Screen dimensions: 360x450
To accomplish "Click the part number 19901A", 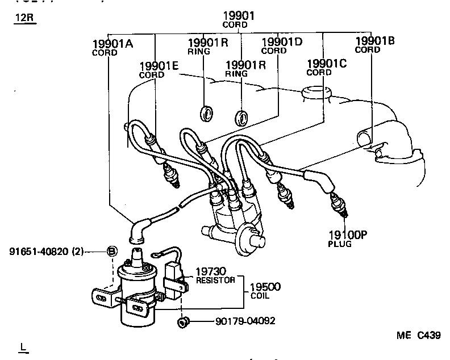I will (113, 44).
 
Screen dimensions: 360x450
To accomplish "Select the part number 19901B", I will (375, 41).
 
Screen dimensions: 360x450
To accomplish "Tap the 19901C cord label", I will (326, 63).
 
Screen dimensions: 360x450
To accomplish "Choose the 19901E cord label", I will (159, 66).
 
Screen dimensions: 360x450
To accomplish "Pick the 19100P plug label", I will (348, 235).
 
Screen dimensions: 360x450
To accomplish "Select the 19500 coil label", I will (265, 288).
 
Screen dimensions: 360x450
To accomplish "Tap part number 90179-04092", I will (245, 321).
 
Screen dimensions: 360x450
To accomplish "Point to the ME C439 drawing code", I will (418, 335).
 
